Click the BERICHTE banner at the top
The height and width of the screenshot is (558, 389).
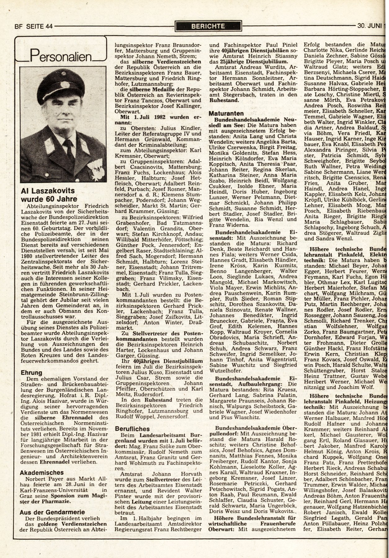[x=208, y=26]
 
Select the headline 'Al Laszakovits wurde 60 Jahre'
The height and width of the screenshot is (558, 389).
[x=48, y=195]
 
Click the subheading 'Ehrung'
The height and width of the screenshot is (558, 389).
[x=31, y=373]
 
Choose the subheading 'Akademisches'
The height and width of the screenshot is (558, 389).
[x=42, y=473]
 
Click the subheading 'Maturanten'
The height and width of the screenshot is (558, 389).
[x=226, y=113]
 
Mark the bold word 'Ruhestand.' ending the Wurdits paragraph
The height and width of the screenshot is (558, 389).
[x=224, y=100]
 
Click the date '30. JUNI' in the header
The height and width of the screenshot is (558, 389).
[x=369, y=27]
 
